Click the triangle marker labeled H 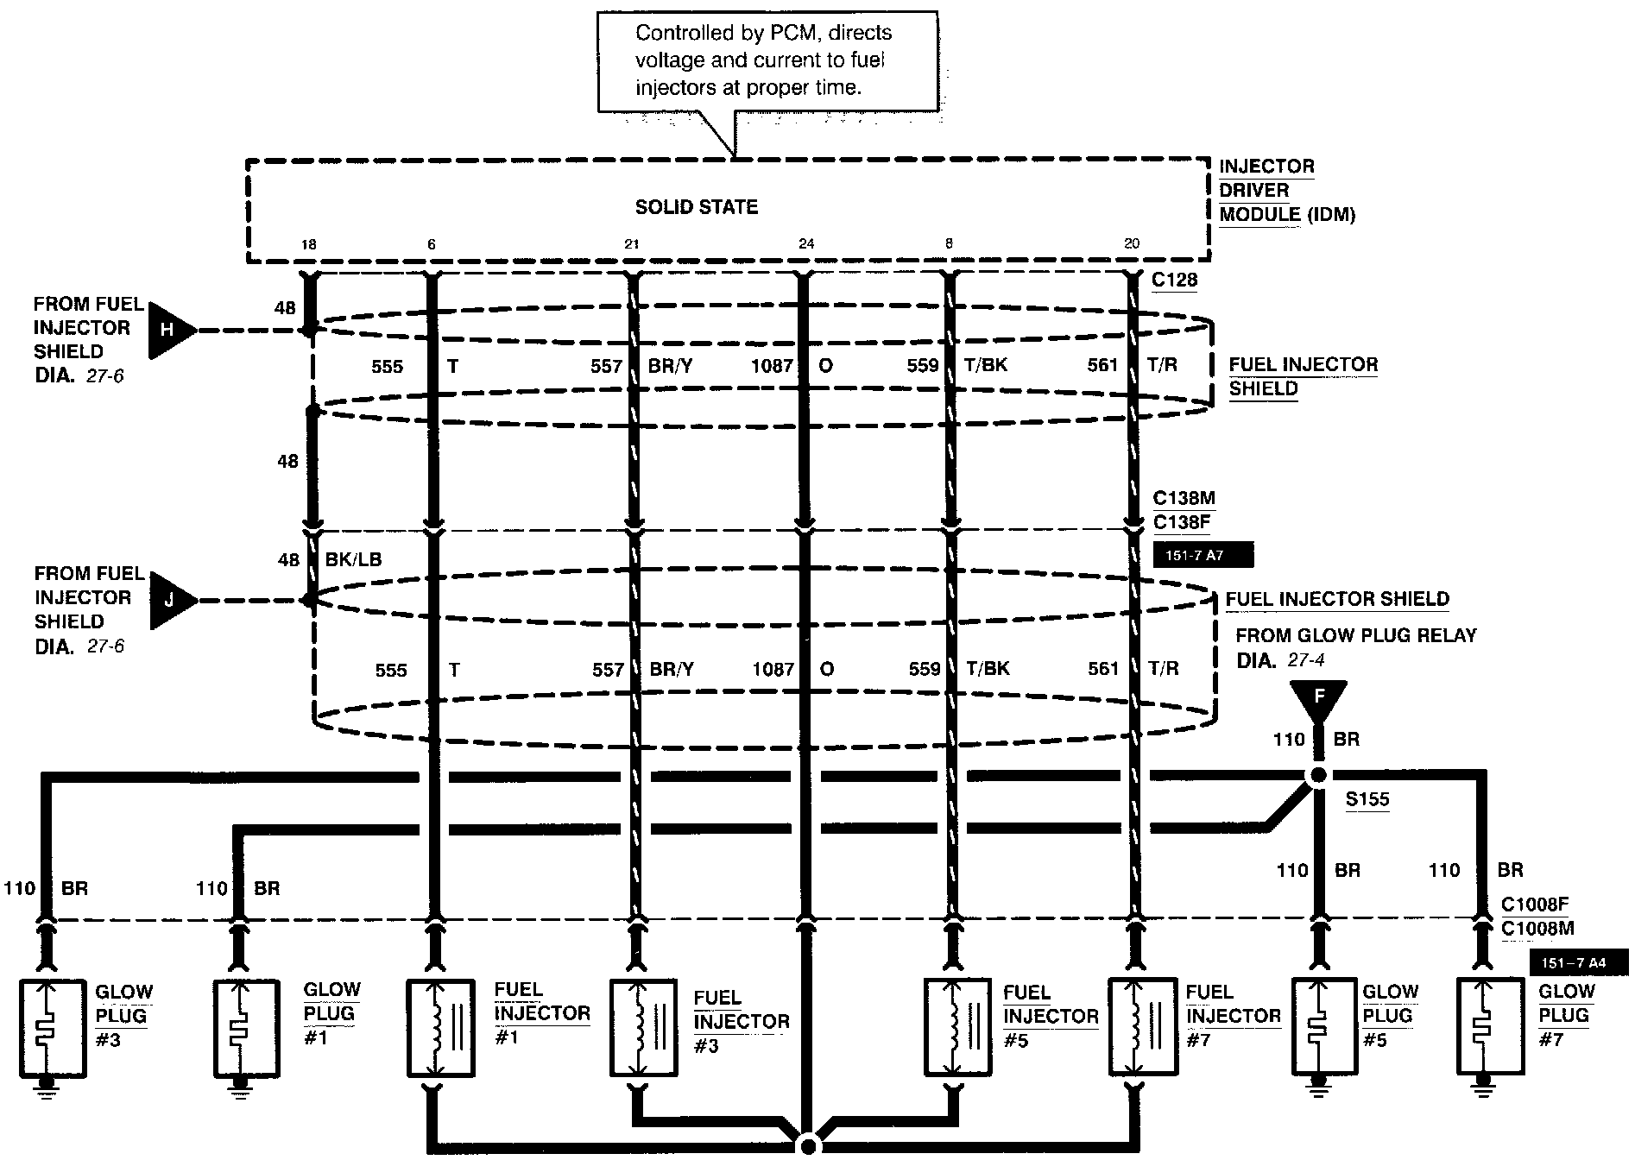(167, 330)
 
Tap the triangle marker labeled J (168, 600)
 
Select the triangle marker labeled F (1318, 697)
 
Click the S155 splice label (1367, 799)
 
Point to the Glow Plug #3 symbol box (53, 1027)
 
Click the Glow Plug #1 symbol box (246, 1027)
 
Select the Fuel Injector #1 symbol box (440, 1027)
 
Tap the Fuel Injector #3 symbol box (643, 1027)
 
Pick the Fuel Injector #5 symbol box (957, 1027)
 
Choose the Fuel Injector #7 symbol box (1141, 1027)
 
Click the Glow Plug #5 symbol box (1324, 1027)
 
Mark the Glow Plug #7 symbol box (1490, 1027)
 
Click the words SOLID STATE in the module (697, 207)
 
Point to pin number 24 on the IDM (805, 244)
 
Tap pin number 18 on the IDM (308, 244)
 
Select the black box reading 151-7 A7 (1203, 556)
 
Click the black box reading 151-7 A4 (1579, 961)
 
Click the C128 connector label (1174, 281)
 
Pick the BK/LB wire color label (353, 559)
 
